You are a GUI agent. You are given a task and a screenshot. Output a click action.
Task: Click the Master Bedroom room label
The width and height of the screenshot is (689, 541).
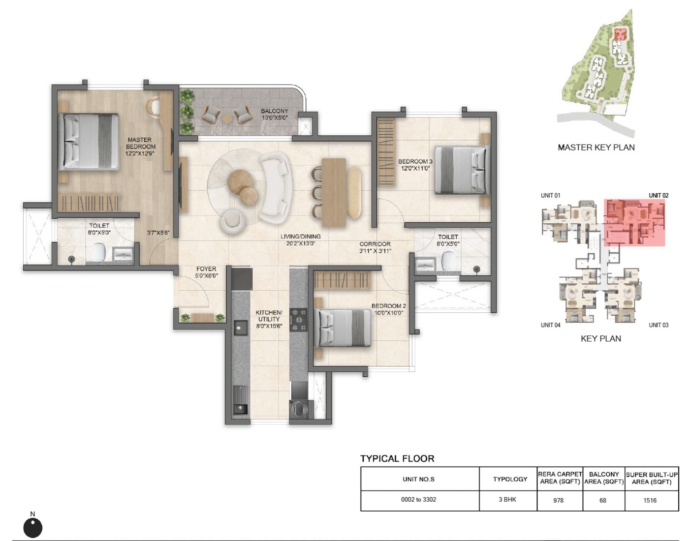click(140, 146)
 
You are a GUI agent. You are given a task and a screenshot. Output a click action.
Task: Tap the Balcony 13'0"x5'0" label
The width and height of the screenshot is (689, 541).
click(274, 114)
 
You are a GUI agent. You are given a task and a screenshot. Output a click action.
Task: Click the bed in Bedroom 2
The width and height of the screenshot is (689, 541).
click(344, 328)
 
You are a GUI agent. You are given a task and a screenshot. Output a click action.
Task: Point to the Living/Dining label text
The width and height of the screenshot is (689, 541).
click(300, 240)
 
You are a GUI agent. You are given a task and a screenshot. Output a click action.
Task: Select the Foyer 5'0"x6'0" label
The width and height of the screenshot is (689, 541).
click(206, 272)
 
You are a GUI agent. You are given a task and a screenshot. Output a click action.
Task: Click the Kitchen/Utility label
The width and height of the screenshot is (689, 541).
click(269, 319)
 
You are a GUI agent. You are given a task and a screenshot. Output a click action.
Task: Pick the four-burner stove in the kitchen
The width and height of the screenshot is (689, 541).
click(298, 320)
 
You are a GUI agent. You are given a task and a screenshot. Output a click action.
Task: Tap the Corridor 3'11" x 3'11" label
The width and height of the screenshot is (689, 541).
click(375, 247)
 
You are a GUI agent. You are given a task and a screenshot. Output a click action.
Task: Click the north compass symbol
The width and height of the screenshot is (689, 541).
click(33, 527)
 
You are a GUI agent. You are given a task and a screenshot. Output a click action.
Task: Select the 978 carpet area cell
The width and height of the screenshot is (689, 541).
click(559, 500)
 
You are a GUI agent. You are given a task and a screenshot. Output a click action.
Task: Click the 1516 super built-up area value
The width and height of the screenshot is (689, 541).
click(650, 500)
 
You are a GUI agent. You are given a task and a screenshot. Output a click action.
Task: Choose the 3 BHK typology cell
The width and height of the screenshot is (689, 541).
click(507, 499)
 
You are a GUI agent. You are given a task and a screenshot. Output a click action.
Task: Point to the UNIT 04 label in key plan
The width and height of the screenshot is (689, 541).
click(550, 325)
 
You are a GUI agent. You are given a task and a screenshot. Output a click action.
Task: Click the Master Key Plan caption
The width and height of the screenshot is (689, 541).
click(596, 147)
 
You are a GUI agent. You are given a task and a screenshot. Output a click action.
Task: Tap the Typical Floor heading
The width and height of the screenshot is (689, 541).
click(397, 458)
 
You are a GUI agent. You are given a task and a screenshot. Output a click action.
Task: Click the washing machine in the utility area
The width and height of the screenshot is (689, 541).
click(298, 409)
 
